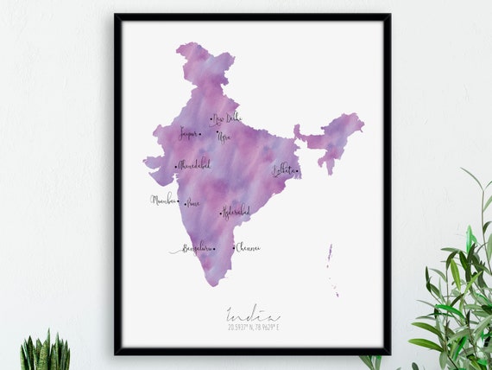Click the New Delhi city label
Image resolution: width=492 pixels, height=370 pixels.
tap(228, 118)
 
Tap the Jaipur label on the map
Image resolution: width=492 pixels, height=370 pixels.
tap(187, 133)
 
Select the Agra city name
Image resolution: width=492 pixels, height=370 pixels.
tap(224, 137)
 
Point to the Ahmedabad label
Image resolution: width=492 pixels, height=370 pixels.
tap(194, 164)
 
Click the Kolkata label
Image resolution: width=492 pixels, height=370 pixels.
tap(282, 169)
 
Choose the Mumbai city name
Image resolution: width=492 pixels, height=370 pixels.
tap(162, 200)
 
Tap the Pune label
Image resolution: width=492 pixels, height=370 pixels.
tap(193, 203)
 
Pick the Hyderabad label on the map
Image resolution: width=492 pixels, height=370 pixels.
tap(237, 210)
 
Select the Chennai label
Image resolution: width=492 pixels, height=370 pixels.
tap(248, 247)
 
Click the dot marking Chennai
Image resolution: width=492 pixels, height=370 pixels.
tap(232, 247)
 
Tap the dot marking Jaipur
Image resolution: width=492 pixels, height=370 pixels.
tap(200, 134)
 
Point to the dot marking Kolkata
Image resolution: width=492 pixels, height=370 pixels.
tap(296, 171)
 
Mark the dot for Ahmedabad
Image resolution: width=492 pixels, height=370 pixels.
tap(175, 167)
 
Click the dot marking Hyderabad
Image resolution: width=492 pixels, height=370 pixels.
tap(220, 213)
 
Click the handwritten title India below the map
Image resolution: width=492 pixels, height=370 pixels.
tap(253, 315)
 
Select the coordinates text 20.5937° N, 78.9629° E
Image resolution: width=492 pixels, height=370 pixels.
tap(254, 328)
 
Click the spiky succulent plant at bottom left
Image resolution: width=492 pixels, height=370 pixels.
tap(45, 353)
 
